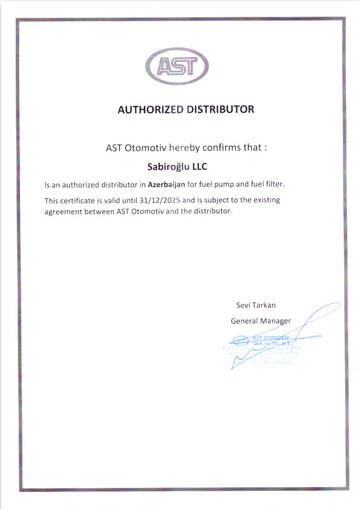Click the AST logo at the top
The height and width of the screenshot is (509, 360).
(177, 66)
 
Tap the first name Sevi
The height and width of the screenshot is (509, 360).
(243, 305)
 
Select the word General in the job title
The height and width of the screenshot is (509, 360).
(245, 321)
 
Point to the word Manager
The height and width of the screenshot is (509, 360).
(276, 321)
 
